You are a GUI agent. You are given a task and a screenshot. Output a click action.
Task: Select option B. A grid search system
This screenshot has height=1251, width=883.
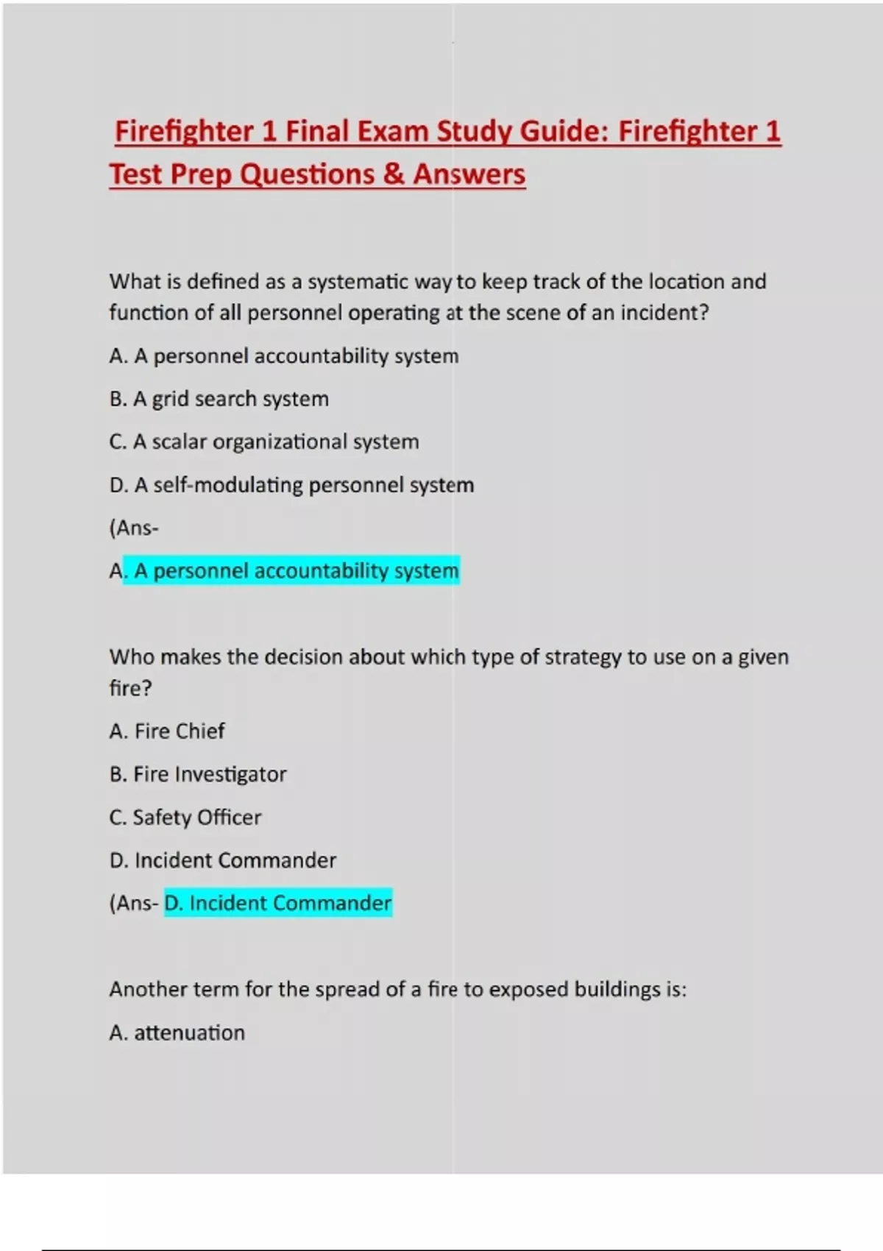click(x=219, y=399)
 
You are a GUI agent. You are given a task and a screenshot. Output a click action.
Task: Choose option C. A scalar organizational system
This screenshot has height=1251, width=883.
click(x=264, y=442)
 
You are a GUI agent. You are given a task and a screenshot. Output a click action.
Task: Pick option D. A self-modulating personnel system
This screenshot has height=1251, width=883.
click(x=291, y=485)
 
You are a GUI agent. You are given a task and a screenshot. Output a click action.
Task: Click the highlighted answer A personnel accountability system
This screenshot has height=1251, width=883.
click(x=291, y=571)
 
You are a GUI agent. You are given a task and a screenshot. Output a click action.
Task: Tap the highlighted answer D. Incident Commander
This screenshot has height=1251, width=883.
click(x=278, y=903)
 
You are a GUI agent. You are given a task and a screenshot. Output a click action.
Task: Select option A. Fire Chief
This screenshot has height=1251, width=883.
click(x=167, y=731)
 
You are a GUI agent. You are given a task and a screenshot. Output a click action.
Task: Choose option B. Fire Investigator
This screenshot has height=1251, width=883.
click(x=198, y=774)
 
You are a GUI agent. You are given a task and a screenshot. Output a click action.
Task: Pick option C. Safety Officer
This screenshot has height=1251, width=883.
click(x=185, y=818)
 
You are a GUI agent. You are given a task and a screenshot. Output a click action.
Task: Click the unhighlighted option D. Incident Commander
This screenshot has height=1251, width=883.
click(x=223, y=860)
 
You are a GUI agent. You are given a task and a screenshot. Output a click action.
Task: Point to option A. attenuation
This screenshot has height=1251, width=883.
click(x=177, y=1033)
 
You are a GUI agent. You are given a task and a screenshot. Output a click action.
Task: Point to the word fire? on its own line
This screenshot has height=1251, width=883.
click(x=130, y=689)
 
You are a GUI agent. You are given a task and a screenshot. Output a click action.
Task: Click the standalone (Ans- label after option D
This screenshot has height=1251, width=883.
click(x=134, y=528)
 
